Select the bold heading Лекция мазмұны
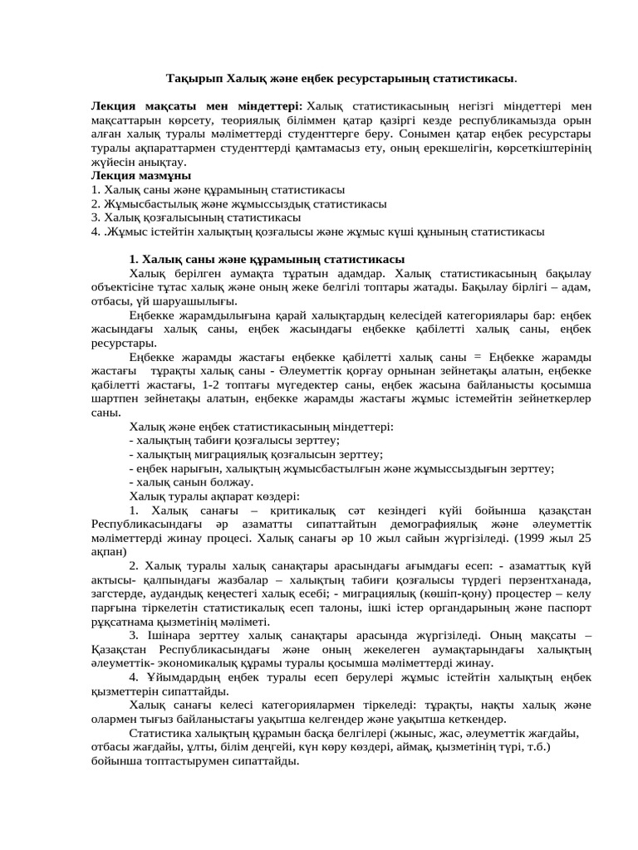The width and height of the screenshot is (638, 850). pyautogui.click(x=140, y=176)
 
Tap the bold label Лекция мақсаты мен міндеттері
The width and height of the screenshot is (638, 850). pyautogui.click(x=196, y=106)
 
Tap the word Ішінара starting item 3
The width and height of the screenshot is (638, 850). pyautogui.click(x=170, y=635)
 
